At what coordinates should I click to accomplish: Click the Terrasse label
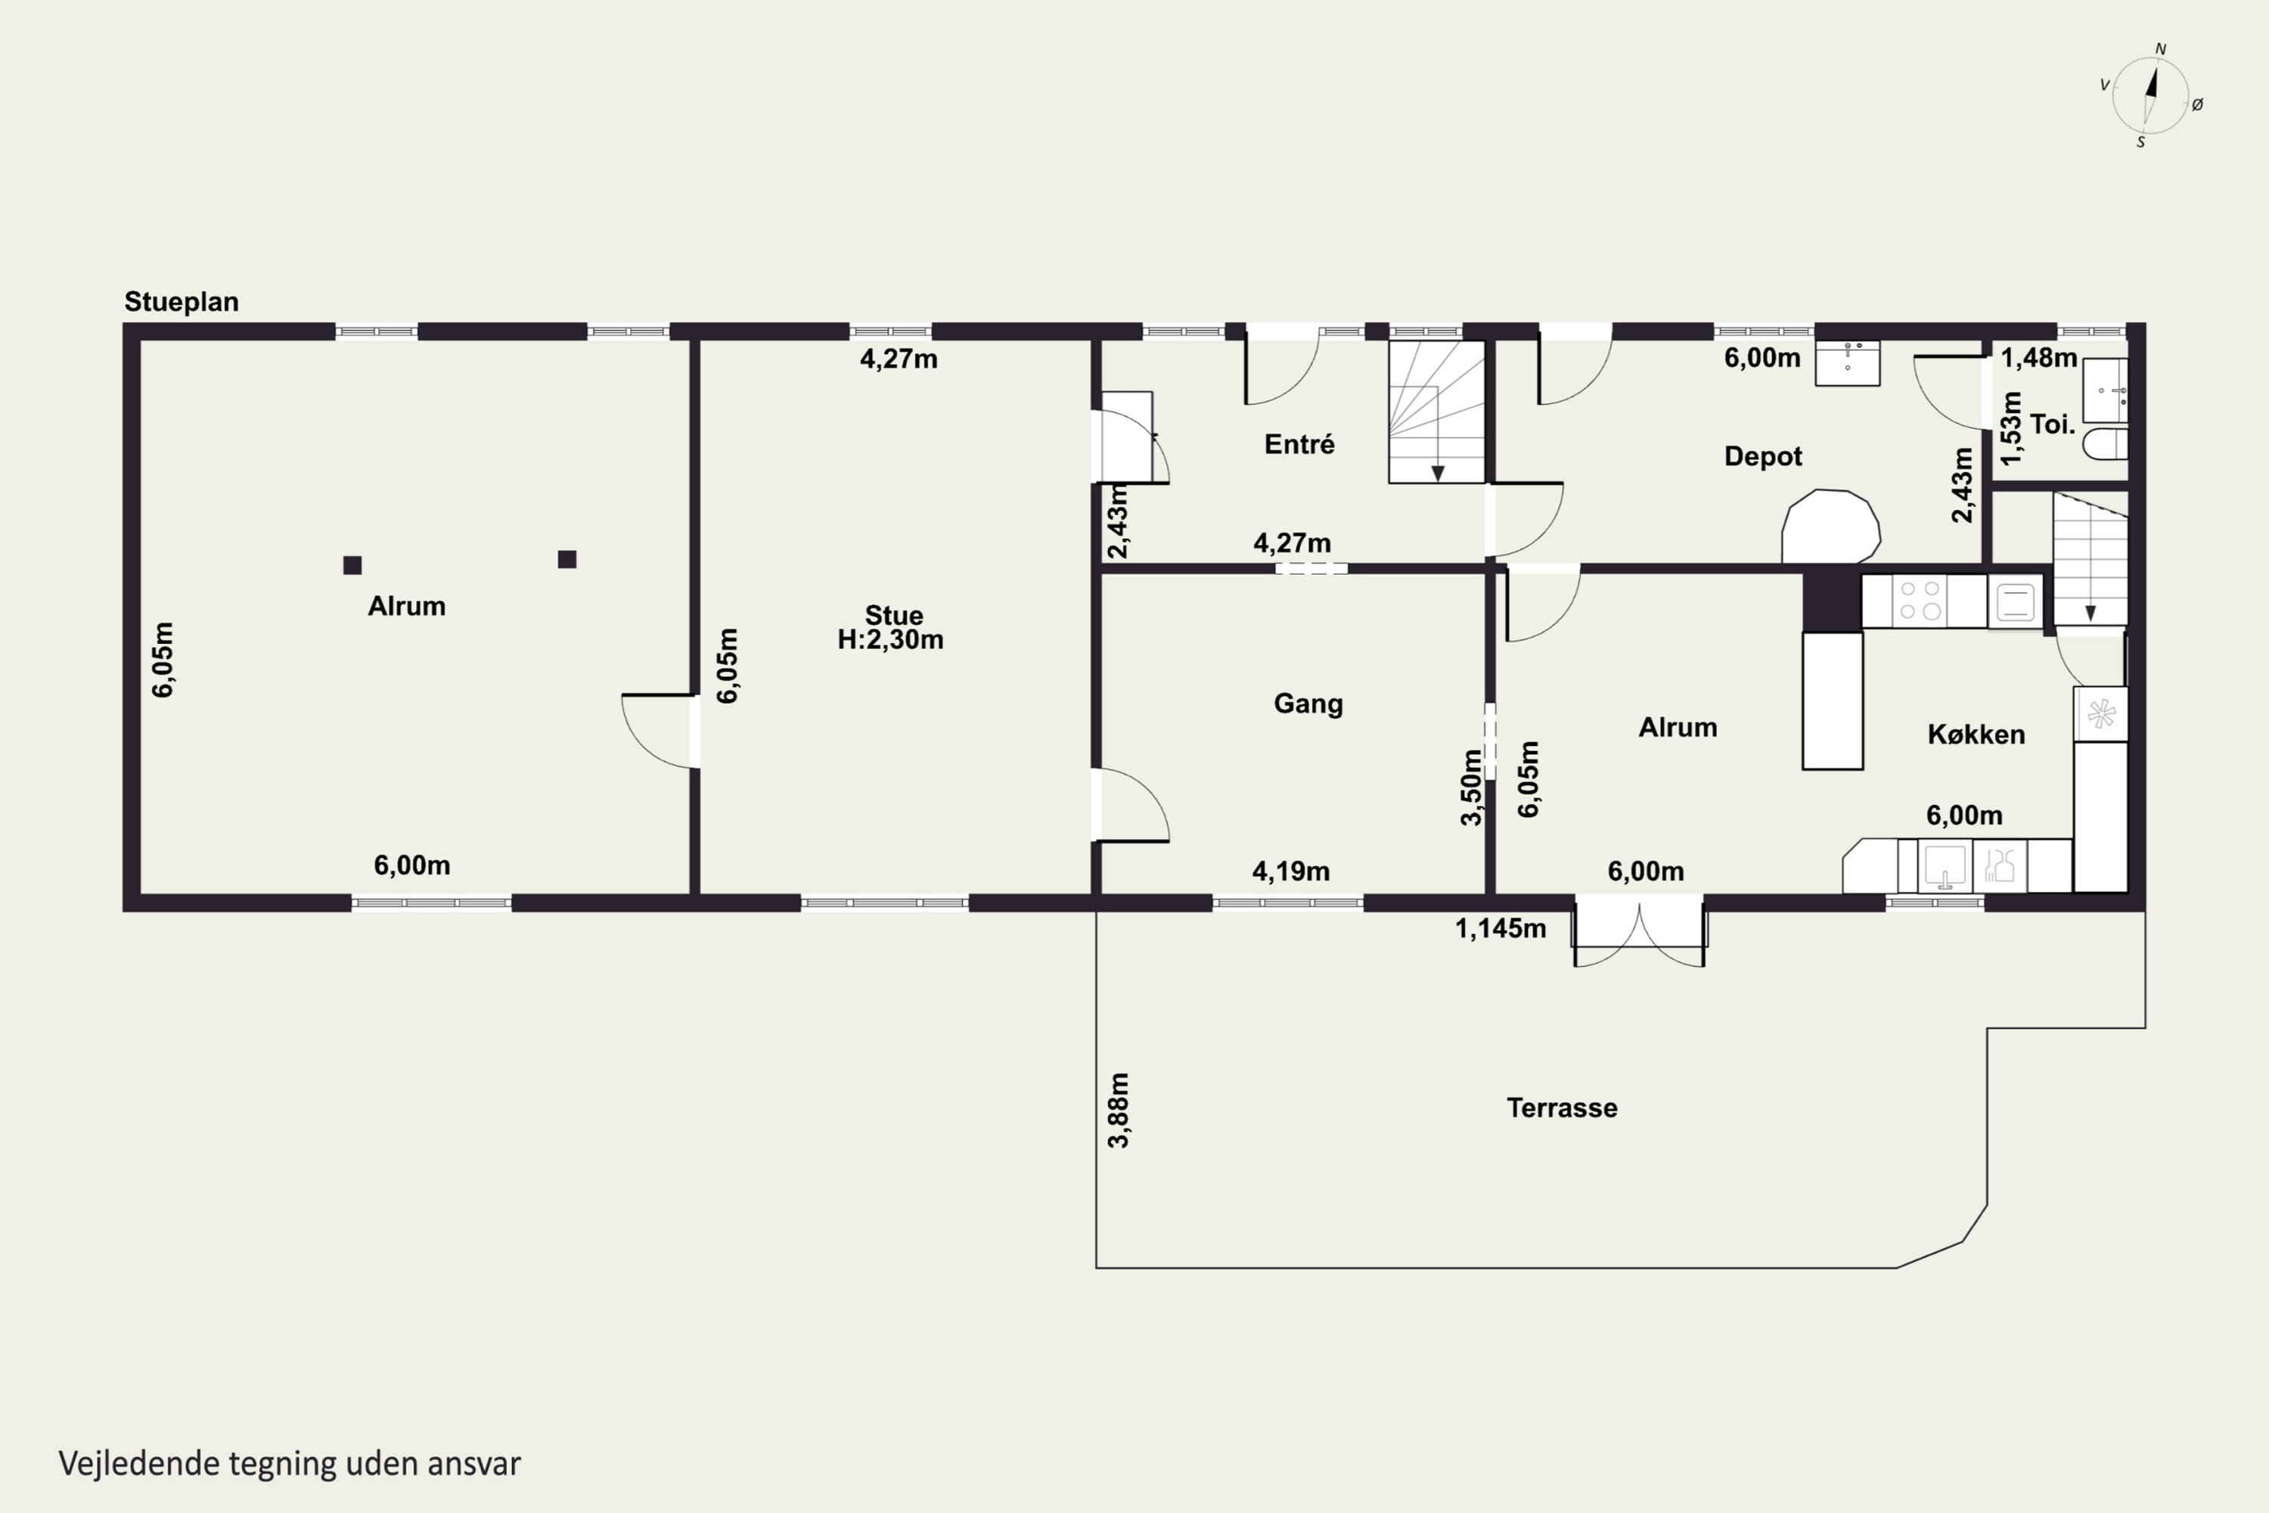(1562, 1108)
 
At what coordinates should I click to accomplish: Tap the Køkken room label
(1976, 735)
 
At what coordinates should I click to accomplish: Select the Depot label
(1762, 456)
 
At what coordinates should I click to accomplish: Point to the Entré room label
(1299, 444)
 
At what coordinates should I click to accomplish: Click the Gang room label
(1308, 704)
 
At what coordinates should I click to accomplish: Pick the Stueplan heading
(182, 302)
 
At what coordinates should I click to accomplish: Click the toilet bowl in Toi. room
(2105, 444)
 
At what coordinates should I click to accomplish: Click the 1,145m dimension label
(1500, 928)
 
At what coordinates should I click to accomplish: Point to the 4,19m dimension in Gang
(1291, 871)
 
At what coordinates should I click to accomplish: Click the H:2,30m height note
(890, 640)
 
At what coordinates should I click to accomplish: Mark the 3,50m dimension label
(1470, 788)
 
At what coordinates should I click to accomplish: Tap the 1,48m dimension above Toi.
(2038, 358)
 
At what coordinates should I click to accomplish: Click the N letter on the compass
(2161, 49)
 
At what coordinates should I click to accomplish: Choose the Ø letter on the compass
(2198, 104)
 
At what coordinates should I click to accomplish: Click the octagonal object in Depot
(1830, 527)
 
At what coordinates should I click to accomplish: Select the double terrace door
(1639, 931)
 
